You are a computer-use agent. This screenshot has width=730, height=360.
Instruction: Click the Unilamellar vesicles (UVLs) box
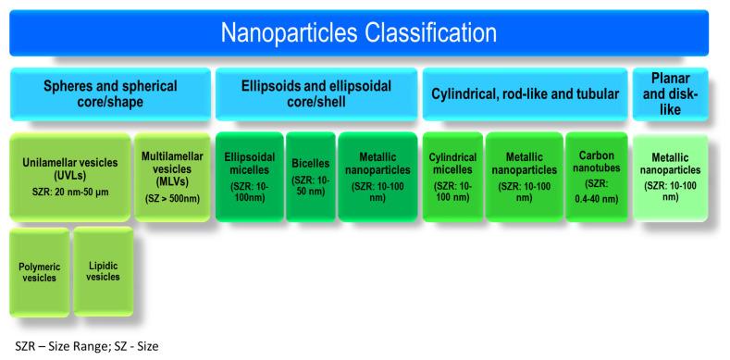(x=69, y=176)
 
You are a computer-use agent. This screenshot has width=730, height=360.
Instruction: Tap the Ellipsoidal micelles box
(x=249, y=176)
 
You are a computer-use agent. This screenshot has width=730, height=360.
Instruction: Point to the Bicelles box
(x=310, y=176)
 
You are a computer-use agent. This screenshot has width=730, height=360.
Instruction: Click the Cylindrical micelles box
(x=452, y=176)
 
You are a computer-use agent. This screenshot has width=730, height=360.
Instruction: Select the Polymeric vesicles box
(x=39, y=270)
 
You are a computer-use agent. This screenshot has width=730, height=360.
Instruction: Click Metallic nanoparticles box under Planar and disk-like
(x=670, y=176)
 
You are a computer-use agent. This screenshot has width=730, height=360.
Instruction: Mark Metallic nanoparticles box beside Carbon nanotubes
(x=522, y=176)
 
